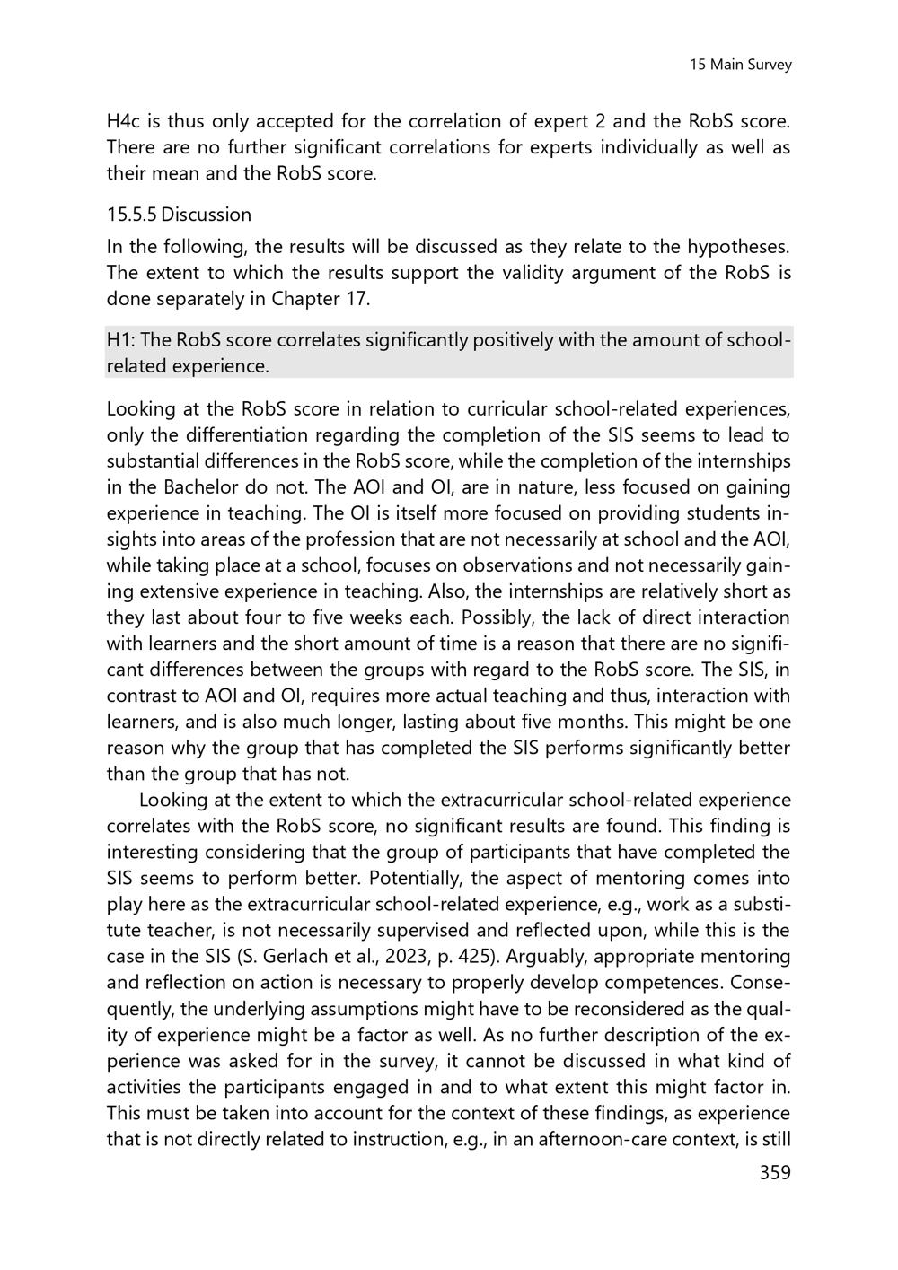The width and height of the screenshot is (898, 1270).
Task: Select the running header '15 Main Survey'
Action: pyautogui.click(x=740, y=65)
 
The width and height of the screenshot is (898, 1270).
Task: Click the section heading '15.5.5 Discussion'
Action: pyautogui.click(x=179, y=215)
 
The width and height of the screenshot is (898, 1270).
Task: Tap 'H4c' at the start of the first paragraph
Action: pyautogui.click(x=125, y=121)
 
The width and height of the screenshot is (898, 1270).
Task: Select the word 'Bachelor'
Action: pyautogui.click(x=202, y=487)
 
